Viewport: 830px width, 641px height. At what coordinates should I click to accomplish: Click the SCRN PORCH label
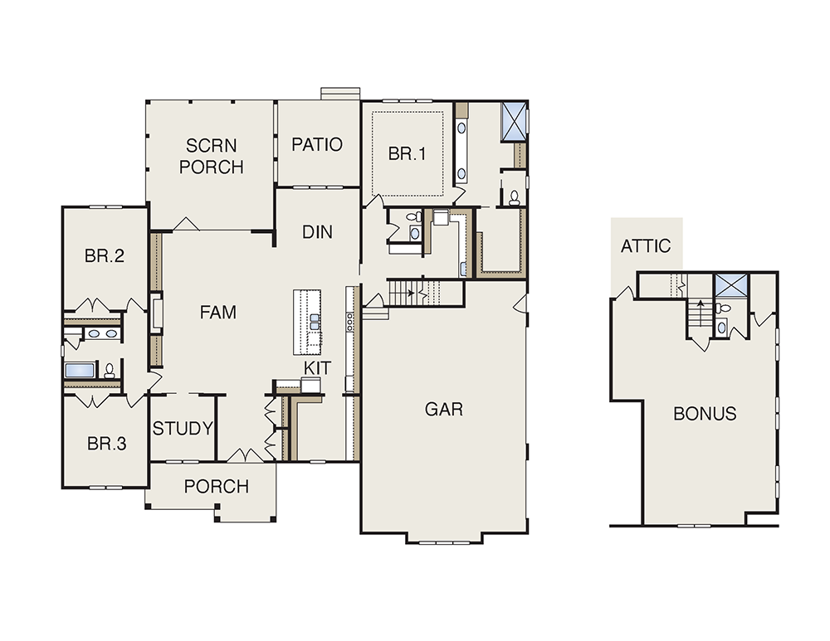coord(211,156)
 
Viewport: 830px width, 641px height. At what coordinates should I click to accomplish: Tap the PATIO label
coord(317,144)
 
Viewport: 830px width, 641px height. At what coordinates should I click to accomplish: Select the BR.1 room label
coord(407,153)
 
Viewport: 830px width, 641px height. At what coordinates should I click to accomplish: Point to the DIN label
coord(317,231)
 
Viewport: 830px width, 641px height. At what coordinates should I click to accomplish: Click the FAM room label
coord(218,313)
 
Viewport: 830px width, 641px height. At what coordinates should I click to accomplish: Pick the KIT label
coord(317,367)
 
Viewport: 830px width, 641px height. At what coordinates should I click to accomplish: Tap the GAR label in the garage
coord(443,409)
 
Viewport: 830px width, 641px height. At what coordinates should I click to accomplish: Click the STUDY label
coord(183,428)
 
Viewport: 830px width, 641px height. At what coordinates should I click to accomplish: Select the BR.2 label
coord(105,256)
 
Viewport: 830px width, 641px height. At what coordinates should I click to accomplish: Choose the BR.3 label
coord(106,443)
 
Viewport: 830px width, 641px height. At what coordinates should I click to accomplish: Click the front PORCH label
coord(216,486)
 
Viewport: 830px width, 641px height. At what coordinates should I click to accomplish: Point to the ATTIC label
coord(645,246)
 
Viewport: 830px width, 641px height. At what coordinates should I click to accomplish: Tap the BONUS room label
coord(705,413)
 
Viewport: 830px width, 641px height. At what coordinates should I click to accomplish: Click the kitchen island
coord(307,322)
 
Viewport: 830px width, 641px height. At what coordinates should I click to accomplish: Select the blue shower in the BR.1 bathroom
coord(514,122)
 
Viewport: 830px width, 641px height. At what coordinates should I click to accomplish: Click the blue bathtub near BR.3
coord(80,370)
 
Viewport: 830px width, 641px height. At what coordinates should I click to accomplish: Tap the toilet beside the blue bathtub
coord(110,371)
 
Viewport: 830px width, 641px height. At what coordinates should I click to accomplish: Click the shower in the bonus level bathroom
coord(730,287)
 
